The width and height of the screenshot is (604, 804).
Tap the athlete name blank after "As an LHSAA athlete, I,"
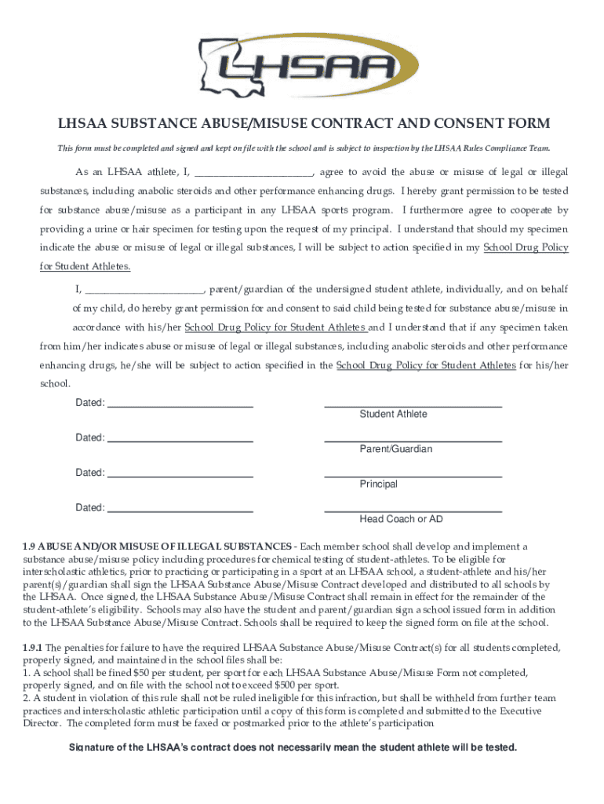pos(253,173)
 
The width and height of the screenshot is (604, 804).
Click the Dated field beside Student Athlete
pos(180,404)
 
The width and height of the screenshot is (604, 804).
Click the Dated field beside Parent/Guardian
pos(180,438)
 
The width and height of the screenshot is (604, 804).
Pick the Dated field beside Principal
pos(180,473)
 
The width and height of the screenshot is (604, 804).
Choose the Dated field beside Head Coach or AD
pos(180,508)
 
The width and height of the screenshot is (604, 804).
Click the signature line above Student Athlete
pos(413,404)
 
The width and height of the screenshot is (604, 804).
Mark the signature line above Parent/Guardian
pos(413,440)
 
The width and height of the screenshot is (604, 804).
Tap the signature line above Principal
pos(413,474)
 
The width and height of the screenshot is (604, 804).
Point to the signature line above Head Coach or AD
pos(413,510)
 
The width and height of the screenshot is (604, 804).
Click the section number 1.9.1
pos(33,648)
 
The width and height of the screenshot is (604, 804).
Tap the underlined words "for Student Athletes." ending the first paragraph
pos(86,267)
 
